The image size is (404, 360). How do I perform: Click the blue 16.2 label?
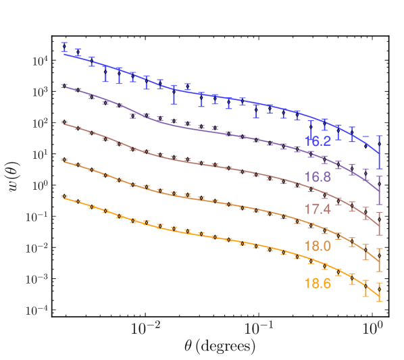pos(317,141)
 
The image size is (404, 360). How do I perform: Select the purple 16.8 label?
pos(317,178)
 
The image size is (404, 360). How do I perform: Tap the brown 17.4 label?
pos(317,209)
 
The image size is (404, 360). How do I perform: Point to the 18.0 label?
pos(317,246)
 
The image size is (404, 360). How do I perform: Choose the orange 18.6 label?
pos(317,284)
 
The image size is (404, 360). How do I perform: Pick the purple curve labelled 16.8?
pos(203,130)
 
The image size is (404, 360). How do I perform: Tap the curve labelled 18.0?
pos(203,199)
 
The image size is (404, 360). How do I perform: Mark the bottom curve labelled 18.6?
pos(203,236)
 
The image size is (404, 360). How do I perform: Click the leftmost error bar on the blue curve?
pos(64,48)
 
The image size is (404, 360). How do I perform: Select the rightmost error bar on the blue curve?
pos(380,152)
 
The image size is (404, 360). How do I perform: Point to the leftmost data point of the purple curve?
pos(64,86)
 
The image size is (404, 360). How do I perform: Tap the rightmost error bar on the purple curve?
pos(380,190)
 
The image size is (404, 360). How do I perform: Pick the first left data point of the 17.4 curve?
pos(64,123)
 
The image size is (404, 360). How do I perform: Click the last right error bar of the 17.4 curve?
pos(380,224)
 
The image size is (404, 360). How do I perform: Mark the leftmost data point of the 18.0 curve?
pos(64,160)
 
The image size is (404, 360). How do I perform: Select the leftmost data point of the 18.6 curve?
pos(64,197)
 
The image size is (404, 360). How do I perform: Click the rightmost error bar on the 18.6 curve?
pos(380,292)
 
